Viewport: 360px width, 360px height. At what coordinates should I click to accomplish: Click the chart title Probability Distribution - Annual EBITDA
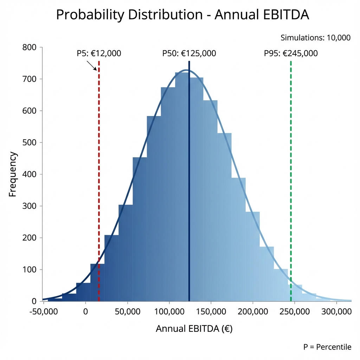(x=182, y=15)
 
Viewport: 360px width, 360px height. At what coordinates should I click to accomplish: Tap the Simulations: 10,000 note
(x=315, y=38)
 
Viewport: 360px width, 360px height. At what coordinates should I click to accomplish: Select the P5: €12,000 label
(x=99, y=53)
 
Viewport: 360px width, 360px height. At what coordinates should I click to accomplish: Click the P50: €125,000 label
(x=189, y=53)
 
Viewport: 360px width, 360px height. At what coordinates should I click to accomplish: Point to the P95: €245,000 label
(x=290, y=53)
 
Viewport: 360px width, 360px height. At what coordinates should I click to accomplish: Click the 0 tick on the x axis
(x=85, y=311)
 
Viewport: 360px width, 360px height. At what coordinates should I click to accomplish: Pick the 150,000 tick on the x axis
(x=211, y=311)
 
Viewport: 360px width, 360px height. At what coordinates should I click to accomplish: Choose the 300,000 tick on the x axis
(x=337, y=311)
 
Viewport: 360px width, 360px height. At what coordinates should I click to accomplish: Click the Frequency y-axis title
(x=13, y=174)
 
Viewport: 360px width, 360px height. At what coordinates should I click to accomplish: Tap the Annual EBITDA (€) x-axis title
(x=194, y=329)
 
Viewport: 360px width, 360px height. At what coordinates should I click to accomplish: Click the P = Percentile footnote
(x=327, y=347)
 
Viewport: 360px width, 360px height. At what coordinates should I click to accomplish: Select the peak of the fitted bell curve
(x=186, y=70)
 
